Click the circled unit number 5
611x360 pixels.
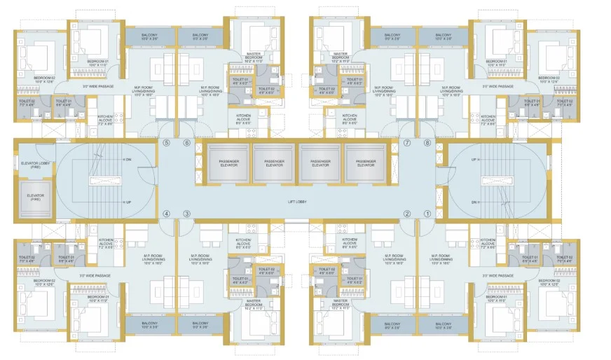167,143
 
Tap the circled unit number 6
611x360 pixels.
187,143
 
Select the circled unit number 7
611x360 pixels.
407,143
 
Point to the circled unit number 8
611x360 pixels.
427,143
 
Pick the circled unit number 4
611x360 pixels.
167,214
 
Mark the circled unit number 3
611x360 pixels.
187,214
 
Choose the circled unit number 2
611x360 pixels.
407,214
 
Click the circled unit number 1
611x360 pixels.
427,214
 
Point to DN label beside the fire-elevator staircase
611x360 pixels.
128,160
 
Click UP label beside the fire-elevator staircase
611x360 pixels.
128,202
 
